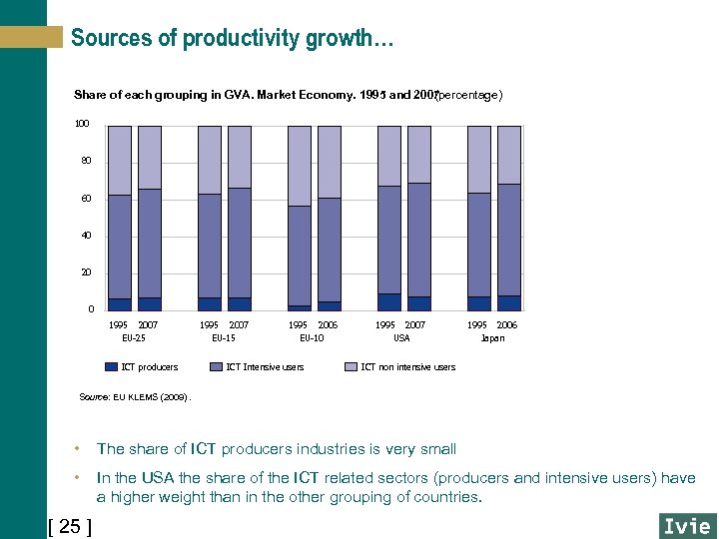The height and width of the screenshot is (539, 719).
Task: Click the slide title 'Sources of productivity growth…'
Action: (232, 39)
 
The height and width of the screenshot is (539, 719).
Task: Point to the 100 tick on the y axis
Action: (82, 124)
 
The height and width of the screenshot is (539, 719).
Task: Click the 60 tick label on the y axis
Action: (85, 199)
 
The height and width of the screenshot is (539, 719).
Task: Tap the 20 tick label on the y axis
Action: (85, 272)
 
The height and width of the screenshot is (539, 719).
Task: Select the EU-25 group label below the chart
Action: (133, 338)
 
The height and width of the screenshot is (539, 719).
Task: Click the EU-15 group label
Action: (224, 338)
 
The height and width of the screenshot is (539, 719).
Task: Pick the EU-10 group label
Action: (313, 338)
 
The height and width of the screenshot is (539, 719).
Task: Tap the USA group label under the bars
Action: (401, 338)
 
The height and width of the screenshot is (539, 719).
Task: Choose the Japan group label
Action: (492, 338)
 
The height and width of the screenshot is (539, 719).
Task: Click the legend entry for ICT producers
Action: (149, 367)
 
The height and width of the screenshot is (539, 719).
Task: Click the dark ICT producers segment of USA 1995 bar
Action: (388, 302)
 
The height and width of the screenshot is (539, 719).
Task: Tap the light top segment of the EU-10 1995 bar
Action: (300, 166)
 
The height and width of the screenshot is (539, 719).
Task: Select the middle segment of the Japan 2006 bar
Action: (509, 240)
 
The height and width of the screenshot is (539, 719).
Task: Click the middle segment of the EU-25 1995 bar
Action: (120, 247)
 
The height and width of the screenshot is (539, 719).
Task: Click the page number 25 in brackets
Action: (70, 526)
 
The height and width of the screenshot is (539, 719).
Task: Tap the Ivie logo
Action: (687, 526)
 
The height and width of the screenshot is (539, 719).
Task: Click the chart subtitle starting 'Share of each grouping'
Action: (288, 95)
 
